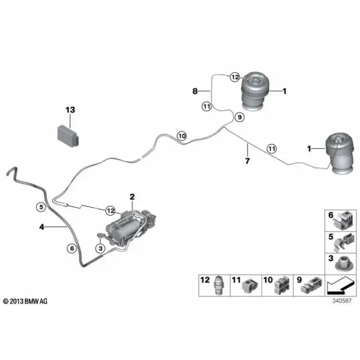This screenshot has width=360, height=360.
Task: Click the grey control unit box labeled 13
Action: [68, 136]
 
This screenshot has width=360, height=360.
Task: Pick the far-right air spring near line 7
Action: [340, 155]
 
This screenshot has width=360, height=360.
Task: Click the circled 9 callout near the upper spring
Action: [239, 118]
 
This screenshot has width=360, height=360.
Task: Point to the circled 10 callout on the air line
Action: [182, 136]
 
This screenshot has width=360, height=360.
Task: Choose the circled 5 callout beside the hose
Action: [41, 207]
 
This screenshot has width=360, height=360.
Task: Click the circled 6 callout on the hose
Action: [72, 248]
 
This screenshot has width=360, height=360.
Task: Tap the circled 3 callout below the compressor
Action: [101, 248]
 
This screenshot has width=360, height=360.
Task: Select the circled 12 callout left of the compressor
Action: [110, 211]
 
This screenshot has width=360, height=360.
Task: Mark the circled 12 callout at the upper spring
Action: [235, 77]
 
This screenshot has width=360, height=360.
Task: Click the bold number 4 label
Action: [41, 227]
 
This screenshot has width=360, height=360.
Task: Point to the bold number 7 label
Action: [247, 161]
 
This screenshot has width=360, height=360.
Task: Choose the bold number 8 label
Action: [195, 91]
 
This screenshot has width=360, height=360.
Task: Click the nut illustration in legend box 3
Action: [343, 265]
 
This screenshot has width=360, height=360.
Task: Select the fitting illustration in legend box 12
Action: [218, 286]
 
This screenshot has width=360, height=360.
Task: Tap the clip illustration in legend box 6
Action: [343, 220]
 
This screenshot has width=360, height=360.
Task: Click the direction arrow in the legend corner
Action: [340, 286]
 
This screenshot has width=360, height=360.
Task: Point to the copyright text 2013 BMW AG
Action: [25, 301]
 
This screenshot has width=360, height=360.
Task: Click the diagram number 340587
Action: [342, 301]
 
